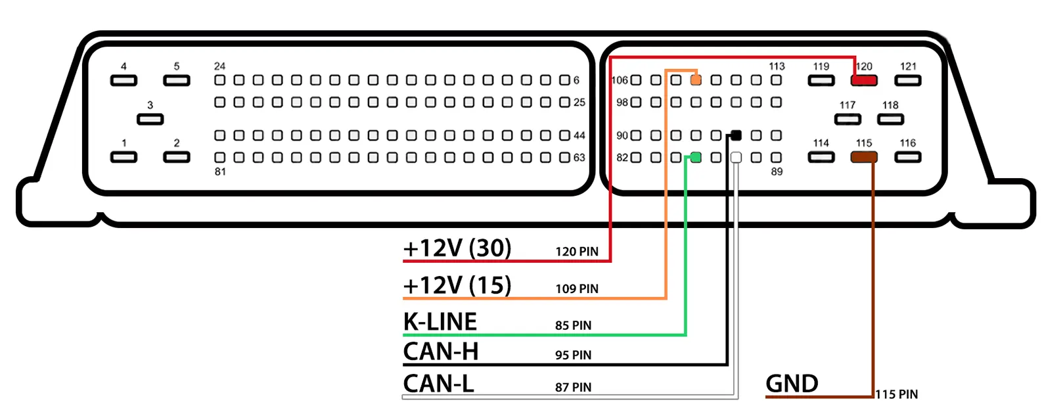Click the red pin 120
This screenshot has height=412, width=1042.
(863, 80)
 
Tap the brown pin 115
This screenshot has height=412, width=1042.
(863, 158)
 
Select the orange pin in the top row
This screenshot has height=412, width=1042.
(696, 80)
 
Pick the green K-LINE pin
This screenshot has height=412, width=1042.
(696, 158)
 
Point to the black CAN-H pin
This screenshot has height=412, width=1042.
(736, 135)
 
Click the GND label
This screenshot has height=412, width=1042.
(792, 384)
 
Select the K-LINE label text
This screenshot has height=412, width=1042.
(440, 322)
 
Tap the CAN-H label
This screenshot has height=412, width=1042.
(440, 352)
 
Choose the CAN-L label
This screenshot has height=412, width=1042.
(438, 384)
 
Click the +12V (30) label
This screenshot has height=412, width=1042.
(457, 248)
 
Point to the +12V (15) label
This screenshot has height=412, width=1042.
(457, 286)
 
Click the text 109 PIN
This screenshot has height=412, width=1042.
(576, 289)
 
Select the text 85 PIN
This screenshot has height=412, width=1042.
(573, 326)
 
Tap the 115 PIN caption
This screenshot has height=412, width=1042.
(896, 395)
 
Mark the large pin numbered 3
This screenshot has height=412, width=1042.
(150, 119)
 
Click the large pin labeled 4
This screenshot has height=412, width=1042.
(124, 80)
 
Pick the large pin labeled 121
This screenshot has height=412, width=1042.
(907, 80)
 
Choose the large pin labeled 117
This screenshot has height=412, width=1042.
(848, 119)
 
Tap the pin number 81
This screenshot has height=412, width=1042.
(220, 172)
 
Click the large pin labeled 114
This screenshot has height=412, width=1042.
(821, 158)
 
